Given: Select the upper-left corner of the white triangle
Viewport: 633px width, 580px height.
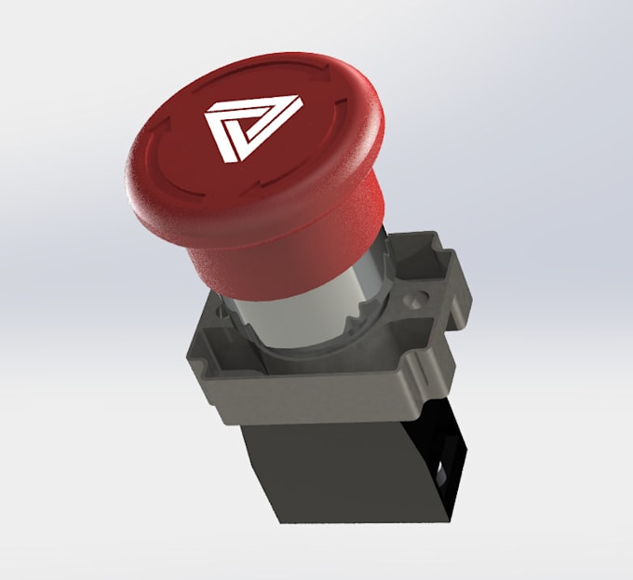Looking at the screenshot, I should pos(207,114).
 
